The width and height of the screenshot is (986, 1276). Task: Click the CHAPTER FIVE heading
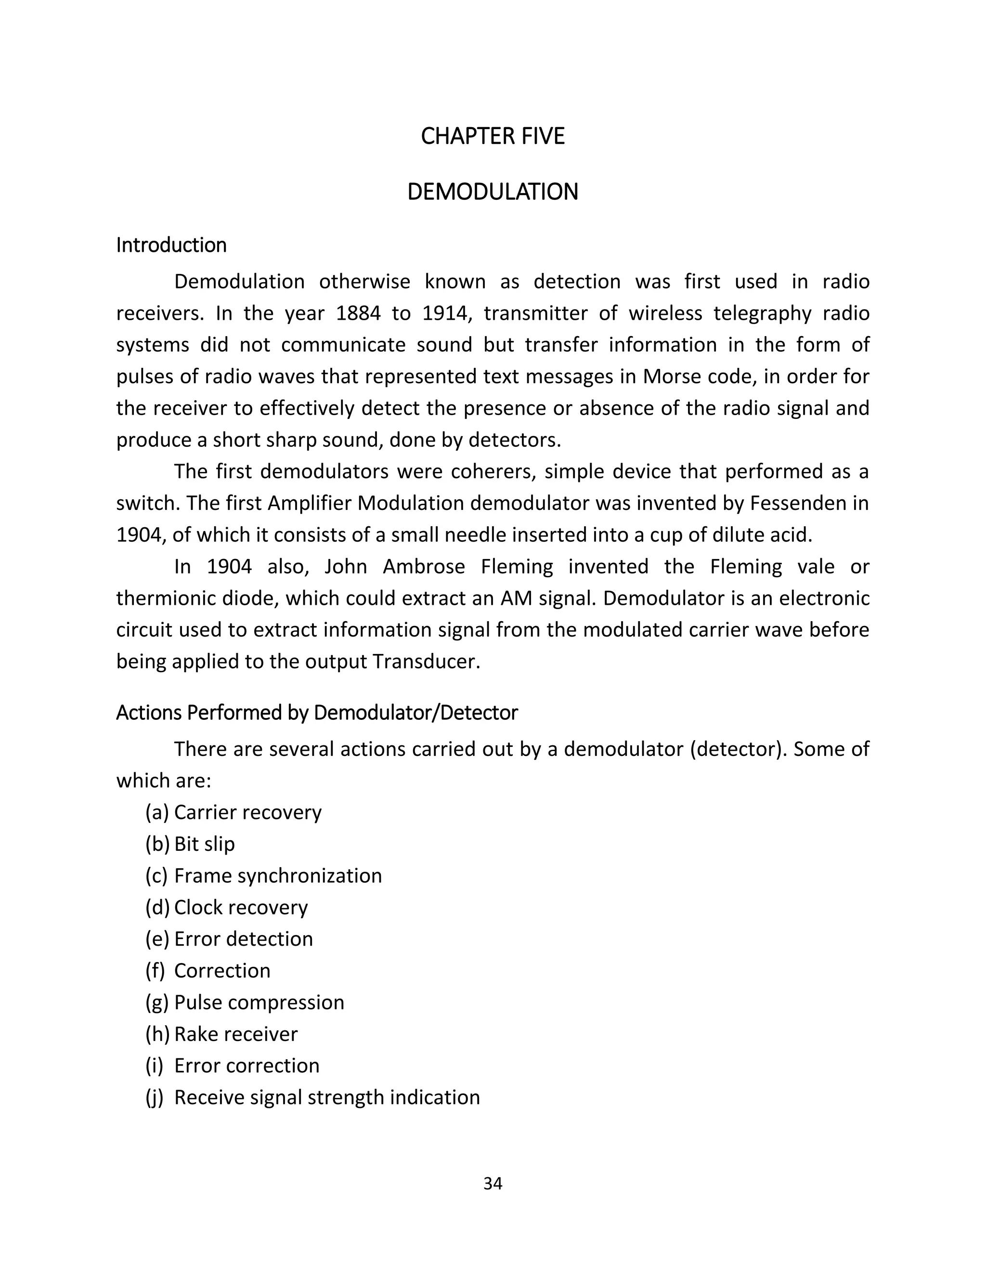(493, 136)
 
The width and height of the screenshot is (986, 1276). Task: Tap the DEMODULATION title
(493, 192)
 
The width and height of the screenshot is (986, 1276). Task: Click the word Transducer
(426, 662)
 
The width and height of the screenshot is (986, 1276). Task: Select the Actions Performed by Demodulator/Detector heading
(317, 713)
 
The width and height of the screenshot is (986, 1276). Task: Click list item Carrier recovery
(247, 813)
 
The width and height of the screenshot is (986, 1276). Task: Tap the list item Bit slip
(205, 844)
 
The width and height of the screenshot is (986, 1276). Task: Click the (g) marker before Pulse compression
(156, 1003)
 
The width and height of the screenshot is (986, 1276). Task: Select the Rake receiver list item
(236, 1034)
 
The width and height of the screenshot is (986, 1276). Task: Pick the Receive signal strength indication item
(326, 1097)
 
